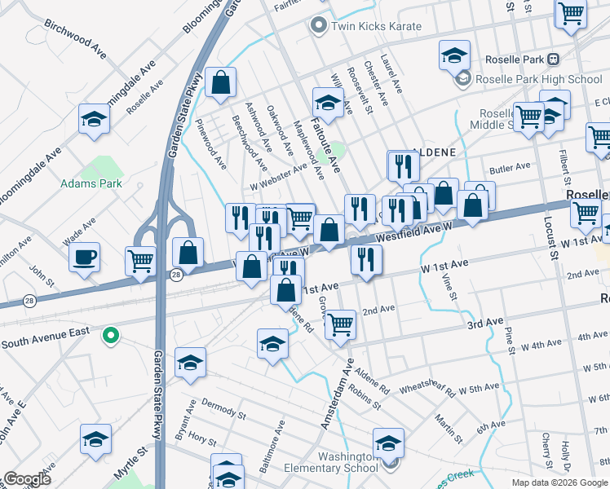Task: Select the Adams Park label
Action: [x=91, y=183]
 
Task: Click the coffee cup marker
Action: [x=85, y=258]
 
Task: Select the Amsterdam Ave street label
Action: [x=338, y=394]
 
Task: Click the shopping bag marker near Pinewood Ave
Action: [x=220, y=83]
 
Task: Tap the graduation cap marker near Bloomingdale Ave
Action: [x=95, y=120]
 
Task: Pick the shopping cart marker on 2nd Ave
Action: [x=340, y=324]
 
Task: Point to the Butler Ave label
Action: [x=510, y=170]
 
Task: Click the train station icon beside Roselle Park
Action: [x=554, y=59]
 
